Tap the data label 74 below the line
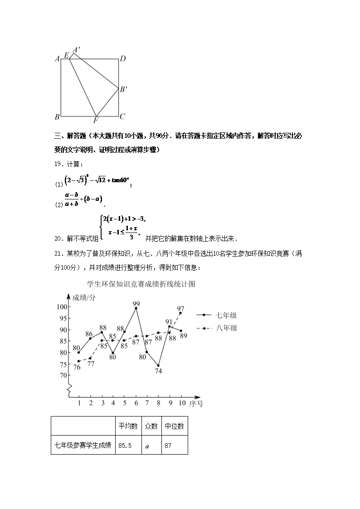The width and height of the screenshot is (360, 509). point(158,371)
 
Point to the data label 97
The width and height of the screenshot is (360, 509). point(180,308)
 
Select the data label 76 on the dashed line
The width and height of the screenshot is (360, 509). point(77,367)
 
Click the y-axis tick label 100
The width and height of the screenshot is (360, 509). point(62,307)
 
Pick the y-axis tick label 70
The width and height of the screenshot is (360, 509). point(62,375)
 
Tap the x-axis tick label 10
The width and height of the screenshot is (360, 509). point(181,402)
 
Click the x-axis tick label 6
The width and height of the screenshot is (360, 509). point(136,402)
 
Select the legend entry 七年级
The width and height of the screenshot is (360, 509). point(226,315)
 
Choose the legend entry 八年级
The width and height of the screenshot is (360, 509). point(226,328)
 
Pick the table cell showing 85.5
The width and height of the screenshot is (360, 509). point(125,446)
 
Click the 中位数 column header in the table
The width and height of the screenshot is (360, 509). point(174,426)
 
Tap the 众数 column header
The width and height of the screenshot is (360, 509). point(151,426)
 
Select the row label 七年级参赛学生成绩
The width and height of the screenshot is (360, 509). point(83,446)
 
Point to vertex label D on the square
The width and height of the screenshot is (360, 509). point(122,58)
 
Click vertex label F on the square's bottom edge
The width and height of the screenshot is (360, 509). point(96,121)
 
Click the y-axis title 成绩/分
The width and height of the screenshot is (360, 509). point(84,297)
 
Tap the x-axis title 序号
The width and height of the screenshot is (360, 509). point(196,402)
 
